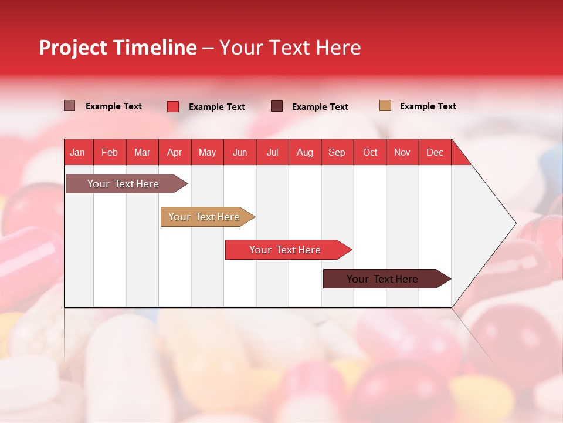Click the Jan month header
tap(78, 152)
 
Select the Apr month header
tap(175, 152)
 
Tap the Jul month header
tap(272, 152)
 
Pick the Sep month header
tap(337, 152)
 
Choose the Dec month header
tap(435, 152)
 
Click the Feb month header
tap(110, 152)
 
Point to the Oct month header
tap(370, 152)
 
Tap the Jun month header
tap(240, 152)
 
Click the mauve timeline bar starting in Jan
tap(124, 184)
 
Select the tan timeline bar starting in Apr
tap(205, 217)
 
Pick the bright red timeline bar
tap(286, 250)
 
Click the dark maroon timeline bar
tap(383, 279)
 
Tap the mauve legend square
tap(70, 106)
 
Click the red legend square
tap(173, 106)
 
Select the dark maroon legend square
tap(277, 106)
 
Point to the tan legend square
tap(385, 106)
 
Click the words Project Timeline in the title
tap(117, 48)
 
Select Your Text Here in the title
tap(290, 48)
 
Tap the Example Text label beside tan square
tap(428, 106)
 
